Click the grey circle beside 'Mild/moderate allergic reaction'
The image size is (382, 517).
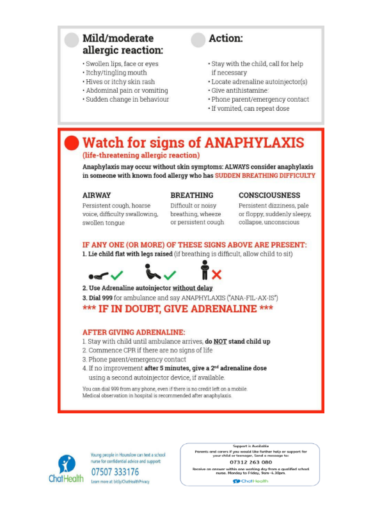coord(72,40)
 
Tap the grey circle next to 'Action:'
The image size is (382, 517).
coord(198,40)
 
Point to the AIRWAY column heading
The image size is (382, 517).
coord(97,195)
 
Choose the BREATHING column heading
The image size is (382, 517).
coord(192,195)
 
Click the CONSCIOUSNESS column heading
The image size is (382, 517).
coord(269,195)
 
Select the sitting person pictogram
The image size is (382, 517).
coord(151,273)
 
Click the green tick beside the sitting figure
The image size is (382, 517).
coord(170,275)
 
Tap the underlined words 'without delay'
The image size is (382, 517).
coord(194,289)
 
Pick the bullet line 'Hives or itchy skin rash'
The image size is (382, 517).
coord(118,82)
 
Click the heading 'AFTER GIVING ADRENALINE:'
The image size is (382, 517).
coord(134,333)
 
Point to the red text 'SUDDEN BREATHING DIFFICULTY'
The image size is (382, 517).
coord(265,175)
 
